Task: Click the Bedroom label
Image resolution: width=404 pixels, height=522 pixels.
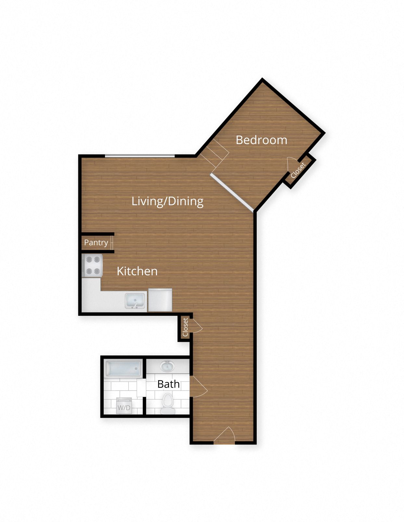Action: (261, 140)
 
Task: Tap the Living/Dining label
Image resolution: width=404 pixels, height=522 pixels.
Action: (167, 201)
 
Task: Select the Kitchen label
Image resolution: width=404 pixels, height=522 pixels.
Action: (137, 271)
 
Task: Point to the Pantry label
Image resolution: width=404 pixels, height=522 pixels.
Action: (96, 242)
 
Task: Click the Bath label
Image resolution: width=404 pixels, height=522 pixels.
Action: (168, 384)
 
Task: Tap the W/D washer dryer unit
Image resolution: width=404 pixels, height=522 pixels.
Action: (124, 406)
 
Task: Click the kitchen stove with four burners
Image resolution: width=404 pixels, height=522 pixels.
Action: (93, 265)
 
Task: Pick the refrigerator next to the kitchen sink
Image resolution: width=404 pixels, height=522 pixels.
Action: (160, 300)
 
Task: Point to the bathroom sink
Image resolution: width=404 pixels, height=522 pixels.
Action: (167, 366)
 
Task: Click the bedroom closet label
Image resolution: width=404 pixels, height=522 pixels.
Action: (298, 170)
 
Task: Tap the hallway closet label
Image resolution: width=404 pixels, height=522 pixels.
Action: (185, 327)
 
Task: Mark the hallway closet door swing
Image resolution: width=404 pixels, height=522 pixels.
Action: (196, 326)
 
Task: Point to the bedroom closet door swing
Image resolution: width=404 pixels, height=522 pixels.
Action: (292, 163)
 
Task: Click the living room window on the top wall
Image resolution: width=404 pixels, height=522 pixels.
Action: (140, 156)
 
